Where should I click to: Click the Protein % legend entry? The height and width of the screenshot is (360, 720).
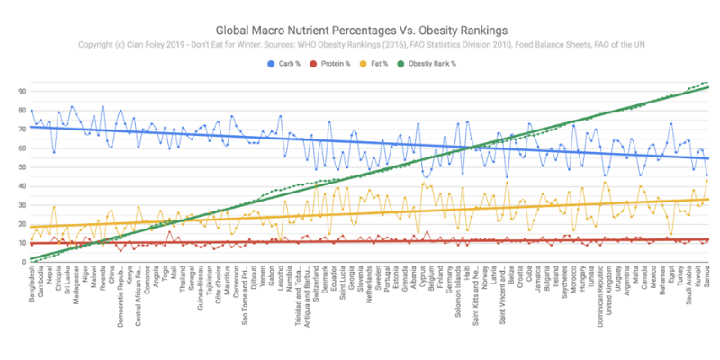[x=334, y=65]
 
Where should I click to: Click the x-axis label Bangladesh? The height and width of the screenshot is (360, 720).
[x=33, y=288]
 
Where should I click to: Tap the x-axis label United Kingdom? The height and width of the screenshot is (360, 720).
[x=608, y=293]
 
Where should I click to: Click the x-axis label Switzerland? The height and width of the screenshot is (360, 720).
[x=316, y=288]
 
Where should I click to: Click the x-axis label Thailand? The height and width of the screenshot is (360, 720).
[x=183, y=283]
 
